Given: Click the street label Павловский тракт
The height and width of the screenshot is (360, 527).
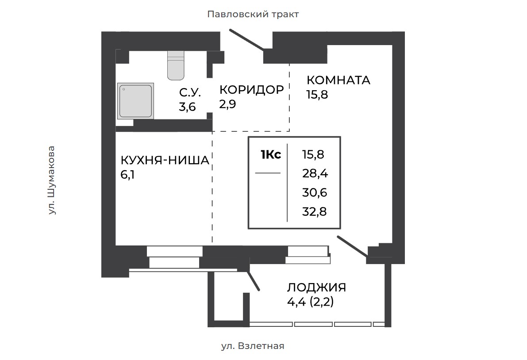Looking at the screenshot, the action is (253, 15).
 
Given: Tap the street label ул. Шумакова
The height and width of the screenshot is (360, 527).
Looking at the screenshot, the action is (51, 180).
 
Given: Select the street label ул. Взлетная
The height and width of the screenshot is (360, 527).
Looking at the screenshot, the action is (253, 346).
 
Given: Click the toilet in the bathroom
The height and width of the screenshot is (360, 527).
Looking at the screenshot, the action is (176, 65).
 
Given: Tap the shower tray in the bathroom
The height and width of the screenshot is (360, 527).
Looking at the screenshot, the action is (135, 101).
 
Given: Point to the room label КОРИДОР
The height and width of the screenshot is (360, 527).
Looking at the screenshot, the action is (252, 90).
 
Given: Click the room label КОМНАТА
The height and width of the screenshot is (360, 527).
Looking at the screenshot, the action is (339, 80).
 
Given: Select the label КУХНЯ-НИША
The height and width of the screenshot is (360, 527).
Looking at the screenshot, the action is (165, 161).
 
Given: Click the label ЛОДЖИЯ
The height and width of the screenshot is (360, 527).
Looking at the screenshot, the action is (316, 287).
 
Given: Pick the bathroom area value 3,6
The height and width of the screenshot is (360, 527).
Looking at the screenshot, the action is (187, 107).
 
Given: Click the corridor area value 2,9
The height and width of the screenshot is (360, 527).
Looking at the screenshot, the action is (227, 104).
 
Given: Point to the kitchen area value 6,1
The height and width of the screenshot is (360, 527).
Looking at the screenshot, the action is (127, 175).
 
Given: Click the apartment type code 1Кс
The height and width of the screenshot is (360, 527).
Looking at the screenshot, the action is (270, 154).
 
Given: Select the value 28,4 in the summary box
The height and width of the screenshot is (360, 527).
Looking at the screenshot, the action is (315, 174).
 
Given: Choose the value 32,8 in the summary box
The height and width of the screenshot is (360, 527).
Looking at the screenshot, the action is (314, 212).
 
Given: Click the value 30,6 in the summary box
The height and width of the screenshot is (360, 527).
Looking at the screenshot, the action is (315, 193).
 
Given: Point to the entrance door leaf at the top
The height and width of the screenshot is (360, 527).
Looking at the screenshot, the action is (246, 40).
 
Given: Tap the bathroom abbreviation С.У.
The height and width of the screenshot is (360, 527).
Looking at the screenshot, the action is (190, 92).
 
